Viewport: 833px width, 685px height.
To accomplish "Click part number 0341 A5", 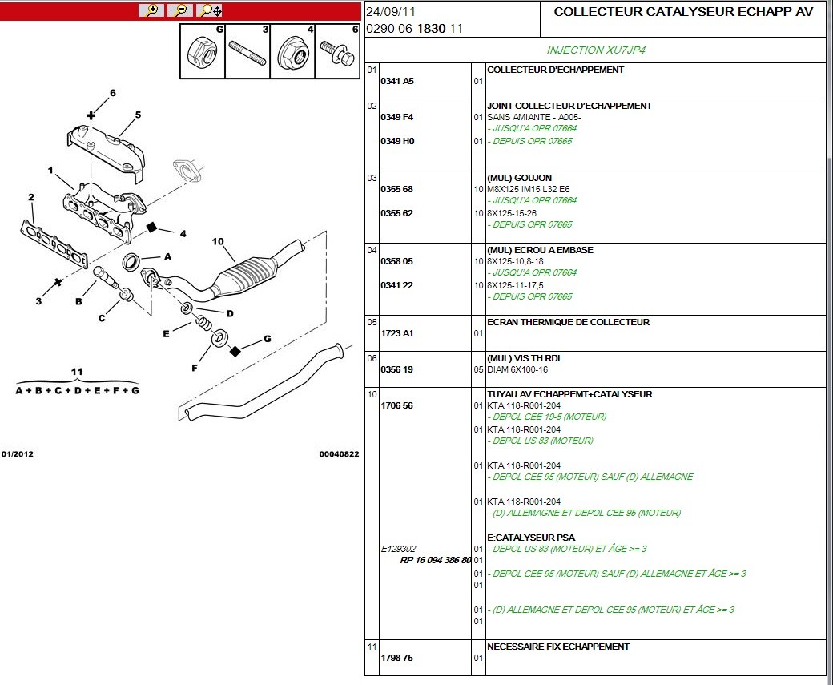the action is tap(396, 81).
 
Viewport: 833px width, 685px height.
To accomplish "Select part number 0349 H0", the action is tap(397, 141).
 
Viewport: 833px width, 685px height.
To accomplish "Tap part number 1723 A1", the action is tap(396, 334).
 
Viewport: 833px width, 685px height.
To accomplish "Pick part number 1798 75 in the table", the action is tap(396, 658).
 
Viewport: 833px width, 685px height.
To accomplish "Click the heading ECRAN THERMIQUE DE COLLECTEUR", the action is tap(568, 322).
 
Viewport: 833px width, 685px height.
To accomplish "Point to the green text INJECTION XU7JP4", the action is tap(596, 50).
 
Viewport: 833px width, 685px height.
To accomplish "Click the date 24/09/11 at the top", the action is tap(391, 12).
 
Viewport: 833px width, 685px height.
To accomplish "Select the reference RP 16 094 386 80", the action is tap(436, 560).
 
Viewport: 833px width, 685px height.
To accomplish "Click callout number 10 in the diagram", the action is tap(218, 241).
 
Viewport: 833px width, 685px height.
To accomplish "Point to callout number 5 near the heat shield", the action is tap(138, 115).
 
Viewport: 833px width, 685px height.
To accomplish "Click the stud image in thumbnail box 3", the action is tap(247, 53).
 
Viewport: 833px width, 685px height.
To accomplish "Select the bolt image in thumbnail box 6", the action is tap(337, 53).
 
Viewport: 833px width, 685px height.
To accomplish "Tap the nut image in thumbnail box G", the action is tap(202, 52).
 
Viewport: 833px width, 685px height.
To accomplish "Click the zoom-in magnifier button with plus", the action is tap(151, 10).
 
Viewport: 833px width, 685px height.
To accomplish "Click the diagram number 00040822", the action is tap(339, 453).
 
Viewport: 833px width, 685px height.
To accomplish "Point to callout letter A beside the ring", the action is tap(168, 256).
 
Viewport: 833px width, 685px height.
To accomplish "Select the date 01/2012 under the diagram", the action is tap(17, 453).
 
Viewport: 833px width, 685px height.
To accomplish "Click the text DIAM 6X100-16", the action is tap(517, 370).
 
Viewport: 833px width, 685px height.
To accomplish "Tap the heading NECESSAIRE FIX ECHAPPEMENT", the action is tap(557, 647).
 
